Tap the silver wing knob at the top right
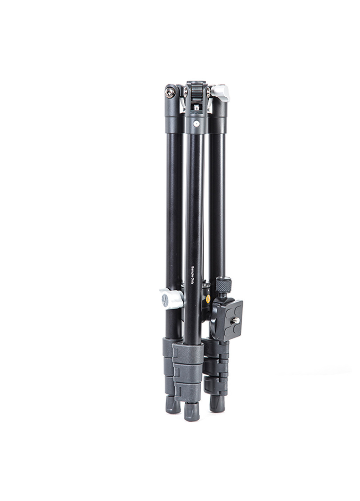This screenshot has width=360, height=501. coord(220,91)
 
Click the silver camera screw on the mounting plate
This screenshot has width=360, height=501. coord(237,320)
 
